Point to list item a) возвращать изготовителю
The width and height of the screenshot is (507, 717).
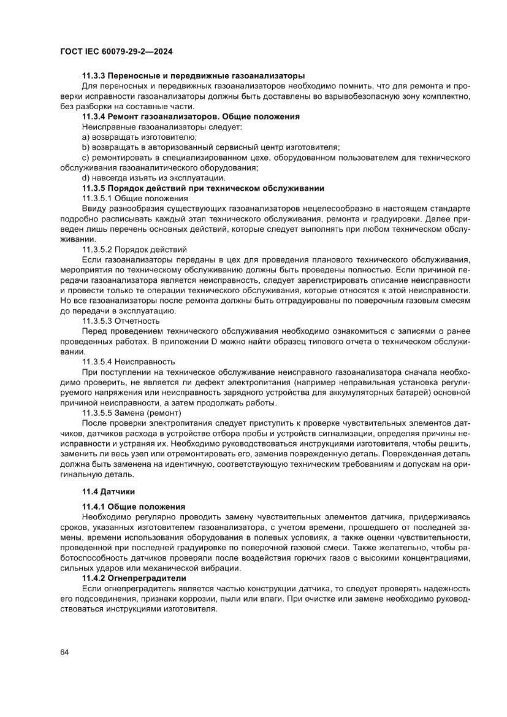pos(139,137)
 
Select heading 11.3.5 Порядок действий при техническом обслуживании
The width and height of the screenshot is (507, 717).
pos(203,188)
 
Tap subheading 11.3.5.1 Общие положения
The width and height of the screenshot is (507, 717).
pos(135,198)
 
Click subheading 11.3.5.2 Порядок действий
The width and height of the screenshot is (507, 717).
pos(134,250)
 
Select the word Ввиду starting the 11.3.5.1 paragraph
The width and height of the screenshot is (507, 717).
pos(93,209)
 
